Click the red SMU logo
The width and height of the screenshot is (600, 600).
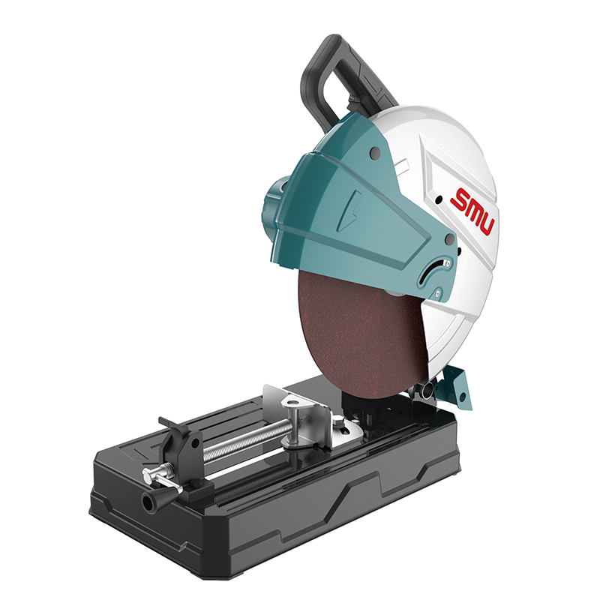click(472, 211)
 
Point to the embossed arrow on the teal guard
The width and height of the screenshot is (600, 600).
click(350, 211)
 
